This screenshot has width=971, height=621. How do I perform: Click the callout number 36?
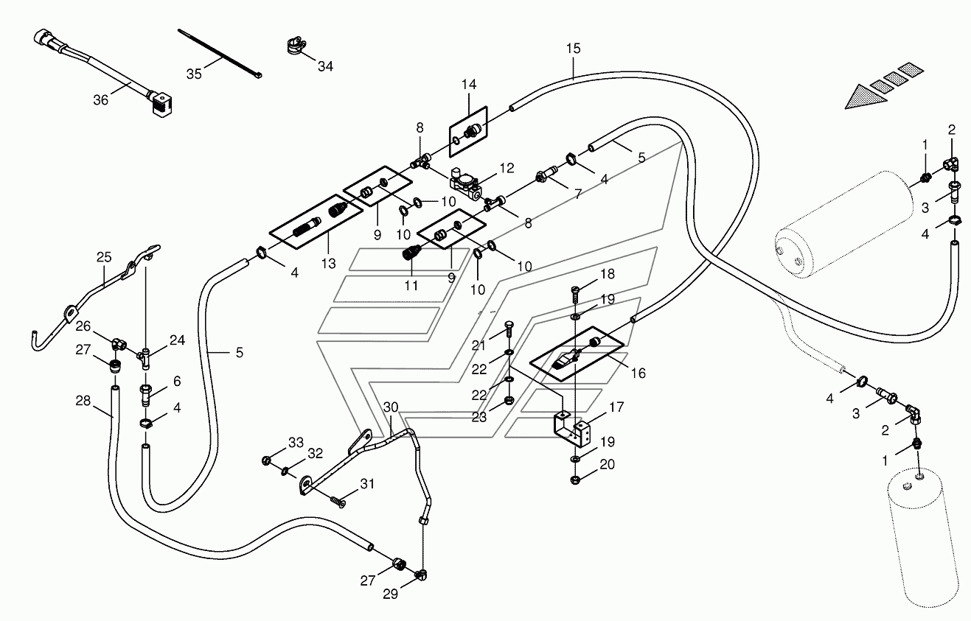coord(100,100)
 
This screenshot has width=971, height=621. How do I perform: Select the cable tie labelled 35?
coord(220,54)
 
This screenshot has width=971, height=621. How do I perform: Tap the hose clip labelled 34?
coord(296,46)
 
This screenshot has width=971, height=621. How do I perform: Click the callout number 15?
coord(573,49)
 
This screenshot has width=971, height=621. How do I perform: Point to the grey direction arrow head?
coord(865,97)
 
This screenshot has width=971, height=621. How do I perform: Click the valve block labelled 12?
coord(466,184)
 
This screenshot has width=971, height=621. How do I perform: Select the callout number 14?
coord(469,84)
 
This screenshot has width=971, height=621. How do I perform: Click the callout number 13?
coord(329,263)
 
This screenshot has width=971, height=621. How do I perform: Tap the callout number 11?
coord(411,285)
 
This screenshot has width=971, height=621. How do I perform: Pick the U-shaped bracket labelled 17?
coord(571,429)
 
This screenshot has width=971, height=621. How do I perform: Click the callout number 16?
coord(638,373)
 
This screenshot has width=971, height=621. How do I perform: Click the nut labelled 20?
coord(575,480)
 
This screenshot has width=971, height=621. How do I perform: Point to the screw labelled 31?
coord(338,502)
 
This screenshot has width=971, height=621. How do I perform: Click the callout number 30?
coord(391,407)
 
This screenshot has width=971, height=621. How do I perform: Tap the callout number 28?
coord(83,401)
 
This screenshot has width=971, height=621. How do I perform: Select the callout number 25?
coord(104,257)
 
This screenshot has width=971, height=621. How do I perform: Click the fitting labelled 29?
coord(421,575)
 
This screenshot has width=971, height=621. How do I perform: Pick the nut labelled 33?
coord(267,460)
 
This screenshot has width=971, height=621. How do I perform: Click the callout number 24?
coord(177,340)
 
